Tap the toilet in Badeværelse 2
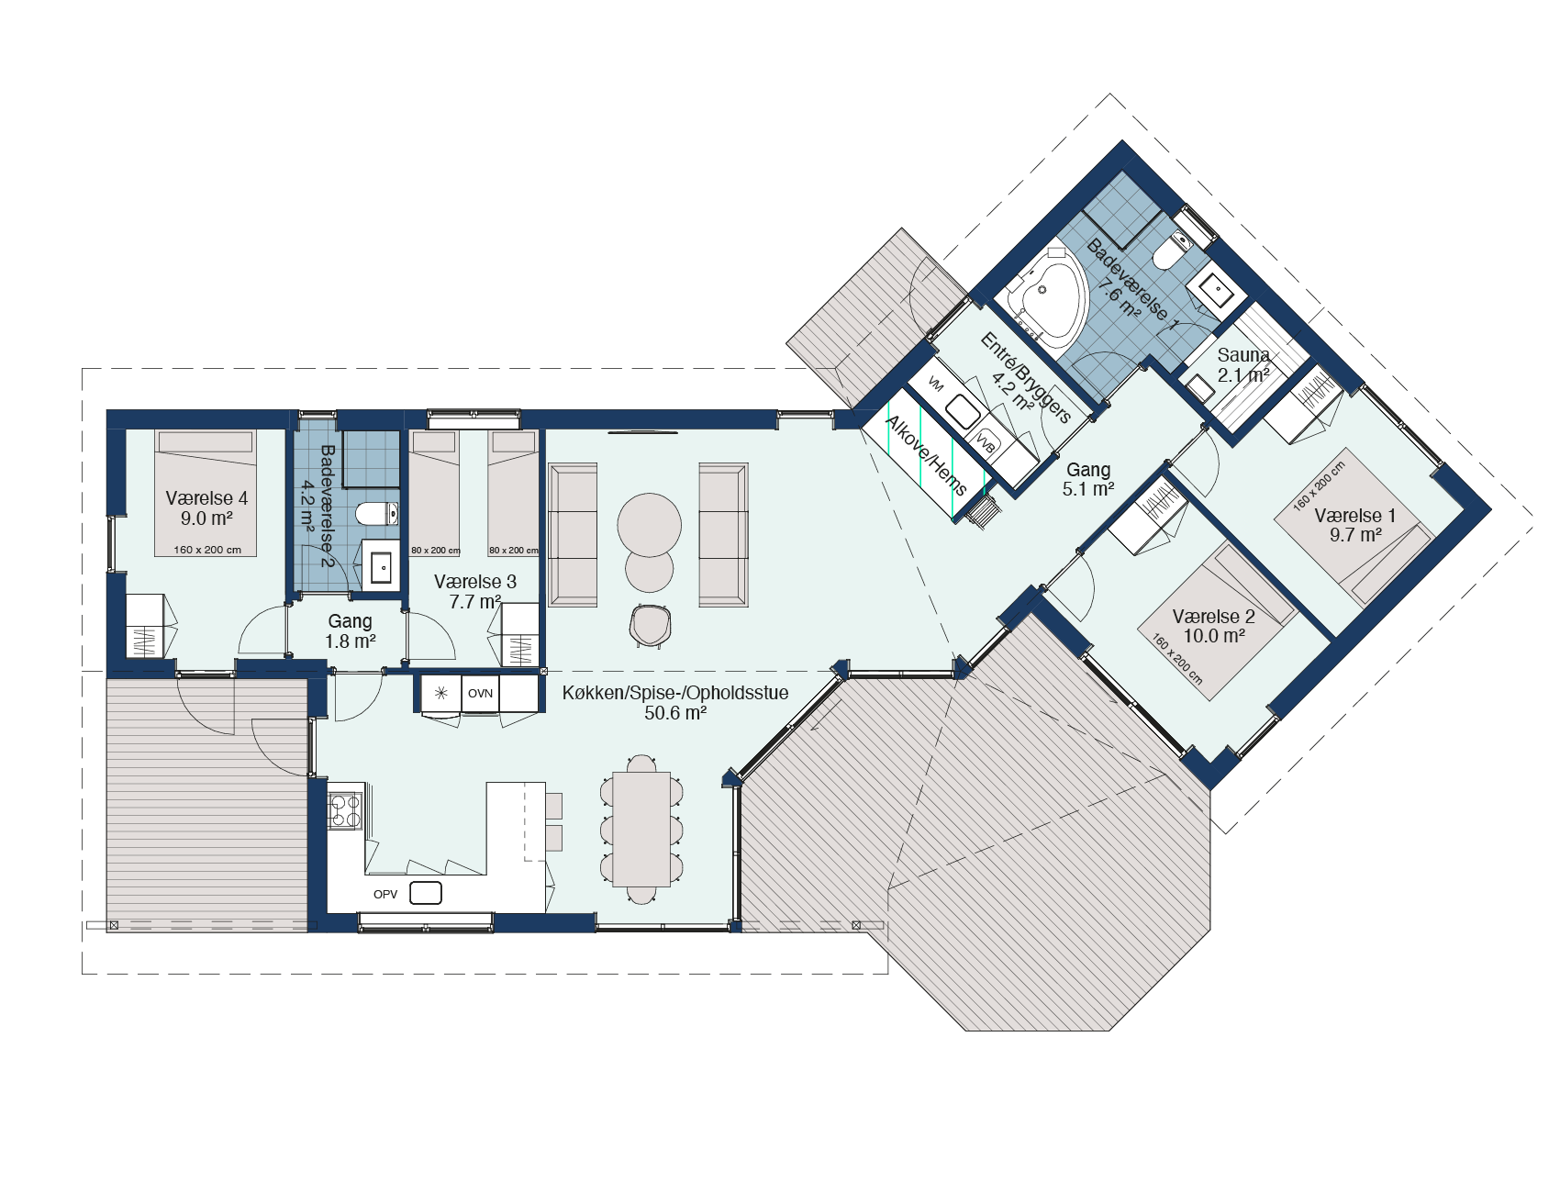(x=377, y=513)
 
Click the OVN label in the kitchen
(x=480, y=694)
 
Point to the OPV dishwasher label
(x=385, y=894)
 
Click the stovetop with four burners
(x=345, y=810)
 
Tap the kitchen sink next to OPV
(x=426, y=892)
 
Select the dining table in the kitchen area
(x=641, y=829)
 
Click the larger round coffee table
(x=650, y=526)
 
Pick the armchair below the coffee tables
(x=652, y=626)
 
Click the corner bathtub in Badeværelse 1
(x=1047, y=295)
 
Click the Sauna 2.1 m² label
(x=1243, y=364)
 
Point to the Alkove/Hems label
(x=925, y=454)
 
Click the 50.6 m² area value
(x=675, y=713)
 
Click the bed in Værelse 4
(x=206, y=493)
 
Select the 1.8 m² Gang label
(x=350, y=631)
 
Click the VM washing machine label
(x=935, y=384)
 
